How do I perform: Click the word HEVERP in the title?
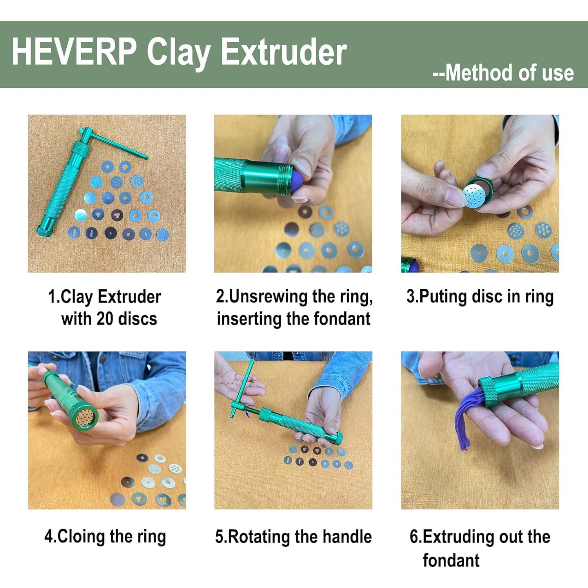74,52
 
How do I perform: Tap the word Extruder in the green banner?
284,52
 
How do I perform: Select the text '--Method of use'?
503,73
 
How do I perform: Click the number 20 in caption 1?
105,319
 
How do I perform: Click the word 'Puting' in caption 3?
444,296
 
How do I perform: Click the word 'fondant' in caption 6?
451,561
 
